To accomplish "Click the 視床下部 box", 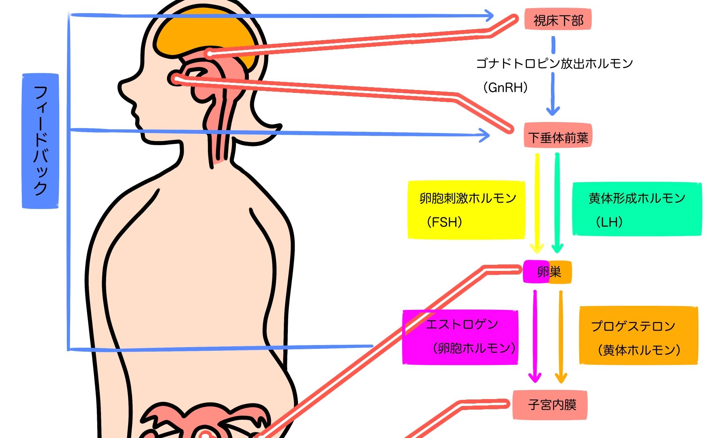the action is click(558, 19).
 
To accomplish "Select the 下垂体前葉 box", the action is click(558, 135).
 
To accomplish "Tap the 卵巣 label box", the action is click(547, 272).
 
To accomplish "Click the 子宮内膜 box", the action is click(550, 405).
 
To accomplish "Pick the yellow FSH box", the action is click(466, 210).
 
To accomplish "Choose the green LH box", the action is click(637, 209).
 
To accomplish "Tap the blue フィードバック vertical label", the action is click(40, 141).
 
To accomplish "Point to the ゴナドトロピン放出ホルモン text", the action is click(554, 63).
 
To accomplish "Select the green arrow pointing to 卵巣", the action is click(557, 203).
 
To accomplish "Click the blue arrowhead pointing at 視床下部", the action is click(488, 16).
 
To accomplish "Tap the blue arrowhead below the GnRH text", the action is click(553, 110).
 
